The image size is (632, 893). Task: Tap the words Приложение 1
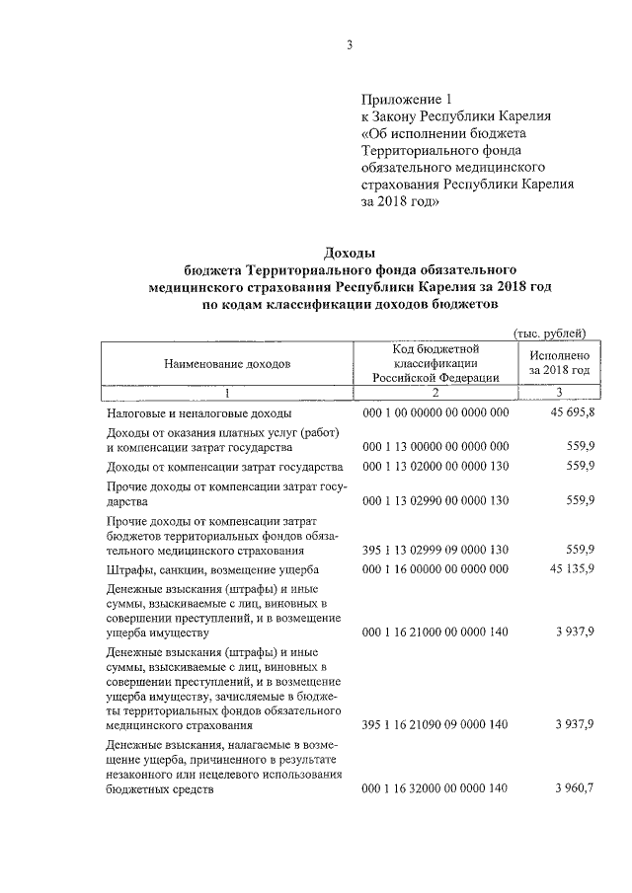click(x=405, y=99)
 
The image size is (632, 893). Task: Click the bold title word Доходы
click(x=351, y=253)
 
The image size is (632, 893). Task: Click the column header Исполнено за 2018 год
click(x=559, y=362)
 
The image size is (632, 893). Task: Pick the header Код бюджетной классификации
click(x=435, y=362)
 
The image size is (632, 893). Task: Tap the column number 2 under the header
click(x=435, y=392)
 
